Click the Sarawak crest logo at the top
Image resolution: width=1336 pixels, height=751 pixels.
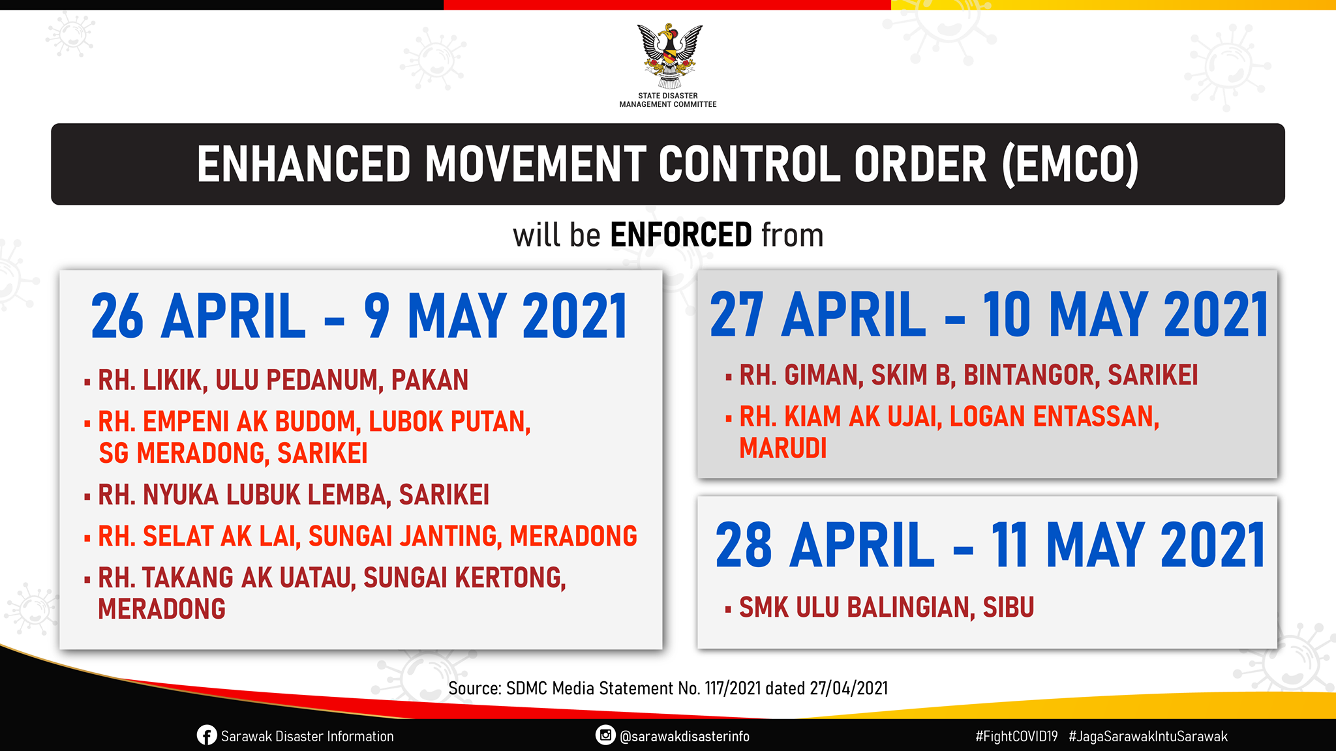click(x=669, y=57)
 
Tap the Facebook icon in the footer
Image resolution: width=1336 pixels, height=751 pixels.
click(x=206, y=735)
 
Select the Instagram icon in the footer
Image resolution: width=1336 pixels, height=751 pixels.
click(x=605, y=735)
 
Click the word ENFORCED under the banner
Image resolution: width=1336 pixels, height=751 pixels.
click(x=681, y=235)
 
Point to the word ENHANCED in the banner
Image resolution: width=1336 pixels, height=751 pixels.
click(x=304, y=164)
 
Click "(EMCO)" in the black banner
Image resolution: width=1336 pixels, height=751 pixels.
click(x=1070, y=165)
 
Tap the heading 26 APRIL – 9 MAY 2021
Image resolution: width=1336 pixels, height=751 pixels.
click(x=359, y=316)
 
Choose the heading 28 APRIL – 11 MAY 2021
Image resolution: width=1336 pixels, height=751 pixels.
click(x=990, y=545)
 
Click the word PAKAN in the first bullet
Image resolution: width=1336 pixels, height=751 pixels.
click(x=430, y=380)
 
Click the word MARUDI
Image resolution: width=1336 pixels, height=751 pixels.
click(x=783, y=448)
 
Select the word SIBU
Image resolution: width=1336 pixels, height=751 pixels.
click(x=1009, y=607)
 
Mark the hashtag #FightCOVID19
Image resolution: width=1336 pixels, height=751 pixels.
click(x=1016, y=736)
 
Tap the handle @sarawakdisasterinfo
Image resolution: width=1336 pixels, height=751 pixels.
click(x=684, y=736)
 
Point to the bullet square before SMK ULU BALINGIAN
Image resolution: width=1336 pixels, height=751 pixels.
click(x=728, y=610)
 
